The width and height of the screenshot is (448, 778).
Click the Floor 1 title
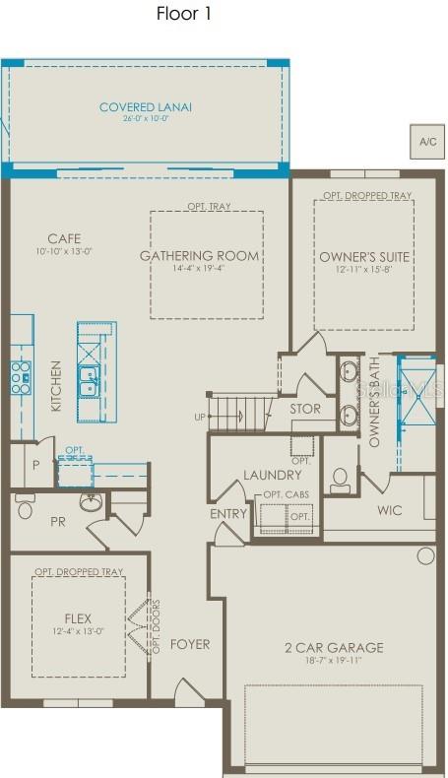(x=183, y=14)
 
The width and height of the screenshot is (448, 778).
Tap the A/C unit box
(x=427, y=142)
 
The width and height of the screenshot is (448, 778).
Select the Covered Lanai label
(x=146, y=107)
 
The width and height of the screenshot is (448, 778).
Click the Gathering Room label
(x=200, y=256)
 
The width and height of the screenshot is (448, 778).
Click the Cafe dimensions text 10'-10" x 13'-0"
(x=63, y=251)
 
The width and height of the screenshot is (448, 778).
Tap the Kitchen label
(x=56, y=385)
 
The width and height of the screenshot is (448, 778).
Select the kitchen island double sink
(x=89, y=380)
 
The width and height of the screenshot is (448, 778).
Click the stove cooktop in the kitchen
(x=21, y=373)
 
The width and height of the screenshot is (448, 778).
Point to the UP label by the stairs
(x=200, y=417)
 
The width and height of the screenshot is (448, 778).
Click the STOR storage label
(x=305, y=409)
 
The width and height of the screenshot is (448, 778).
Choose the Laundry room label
(x=273, y=476)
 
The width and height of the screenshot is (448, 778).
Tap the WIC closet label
(x=390, y=510)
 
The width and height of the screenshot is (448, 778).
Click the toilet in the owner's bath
(x=341, y=481)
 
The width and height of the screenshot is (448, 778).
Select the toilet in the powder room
(x=26, y=507)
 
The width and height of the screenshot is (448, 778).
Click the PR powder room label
(x=58, y=521)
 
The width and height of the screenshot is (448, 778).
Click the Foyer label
(x=190, y=644)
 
